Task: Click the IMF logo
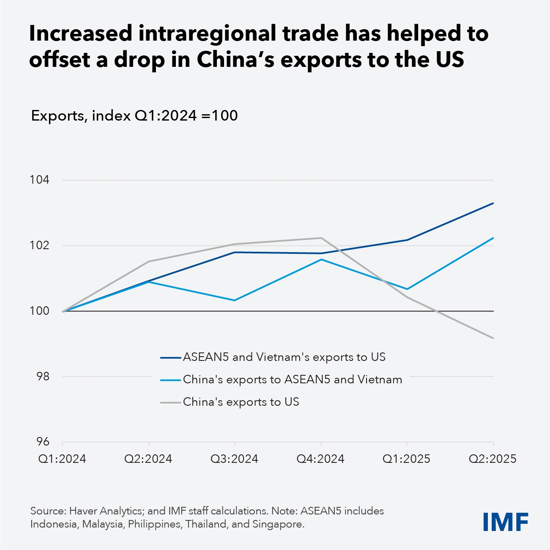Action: pos(506,522)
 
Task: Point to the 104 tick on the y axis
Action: pos(39,180)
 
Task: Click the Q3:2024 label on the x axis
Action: pos(235,459)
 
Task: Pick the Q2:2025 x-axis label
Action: pos(493,459)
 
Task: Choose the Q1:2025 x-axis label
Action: pos(406,459)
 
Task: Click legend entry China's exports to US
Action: pos(241,402)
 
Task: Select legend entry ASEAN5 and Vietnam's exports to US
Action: pos(284,357)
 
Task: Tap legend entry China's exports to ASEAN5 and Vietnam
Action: pos(292,379)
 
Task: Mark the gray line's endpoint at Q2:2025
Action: pos(493,338)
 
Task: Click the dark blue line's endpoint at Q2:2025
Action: pos(493,203)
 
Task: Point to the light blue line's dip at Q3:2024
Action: pos(235,300)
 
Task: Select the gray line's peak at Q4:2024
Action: pos(321,238)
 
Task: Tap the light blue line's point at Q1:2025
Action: pos(407,289)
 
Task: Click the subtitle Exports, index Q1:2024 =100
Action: pos(134,115)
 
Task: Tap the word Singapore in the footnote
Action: pos(277,524)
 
